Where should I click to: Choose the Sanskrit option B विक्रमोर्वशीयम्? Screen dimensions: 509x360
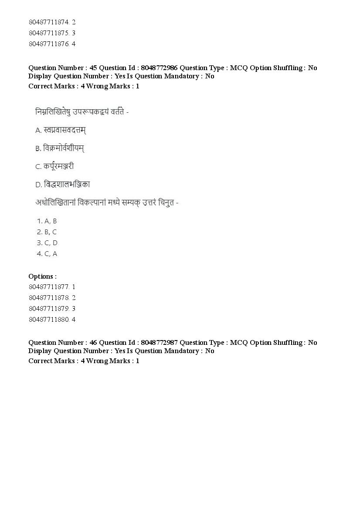[64, 148]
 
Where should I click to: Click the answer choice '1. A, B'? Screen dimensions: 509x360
[47, 221]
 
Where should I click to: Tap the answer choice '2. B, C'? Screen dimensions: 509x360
[47, 232]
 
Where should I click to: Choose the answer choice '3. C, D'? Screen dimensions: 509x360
[48, 243]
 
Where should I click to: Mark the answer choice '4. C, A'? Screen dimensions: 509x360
[47, 254]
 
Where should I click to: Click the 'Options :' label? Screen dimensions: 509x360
[42, 276]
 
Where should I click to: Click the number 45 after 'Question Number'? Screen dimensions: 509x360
[93, 67]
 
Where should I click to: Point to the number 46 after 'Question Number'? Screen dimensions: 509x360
[93, 342]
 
